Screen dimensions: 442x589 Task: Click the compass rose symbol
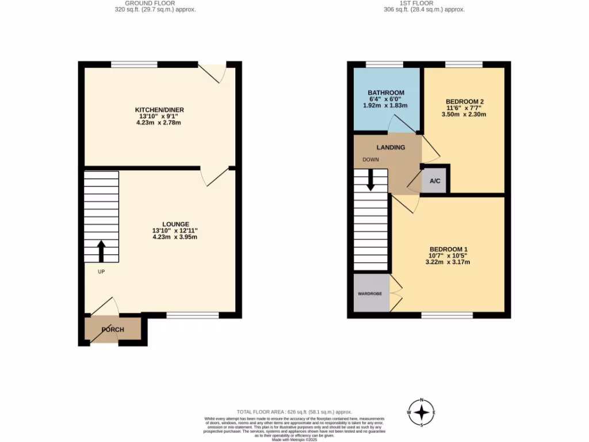pos(422,412)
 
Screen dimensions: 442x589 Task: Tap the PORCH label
pos(113,330)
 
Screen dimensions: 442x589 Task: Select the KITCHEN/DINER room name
pos(159,110)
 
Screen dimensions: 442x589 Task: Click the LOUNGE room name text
pos(175,224)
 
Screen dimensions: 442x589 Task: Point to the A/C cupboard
pos(435,181)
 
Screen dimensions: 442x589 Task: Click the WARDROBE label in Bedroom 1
pos(370,294)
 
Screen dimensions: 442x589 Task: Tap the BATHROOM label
pos(386,93)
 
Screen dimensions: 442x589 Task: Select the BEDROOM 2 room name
pos(466,101)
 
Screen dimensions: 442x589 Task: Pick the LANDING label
pos(391,147)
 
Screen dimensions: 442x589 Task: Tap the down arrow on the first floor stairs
pos(370,180)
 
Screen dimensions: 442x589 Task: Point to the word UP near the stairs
pos(101,272)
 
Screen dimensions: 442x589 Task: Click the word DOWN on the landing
pos(370,159)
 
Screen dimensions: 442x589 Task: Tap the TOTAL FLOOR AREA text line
pos(294,412)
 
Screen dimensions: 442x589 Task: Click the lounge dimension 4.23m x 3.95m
pos(175,237)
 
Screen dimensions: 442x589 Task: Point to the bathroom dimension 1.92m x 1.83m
pos(386,105)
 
